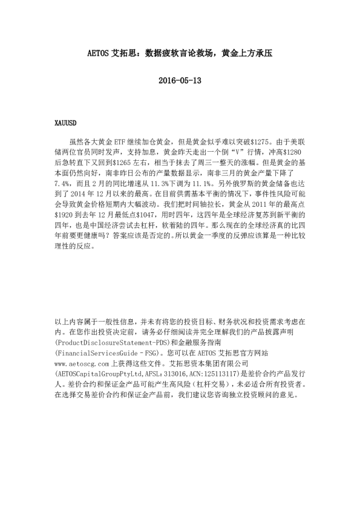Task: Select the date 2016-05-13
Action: pos(179,80)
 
